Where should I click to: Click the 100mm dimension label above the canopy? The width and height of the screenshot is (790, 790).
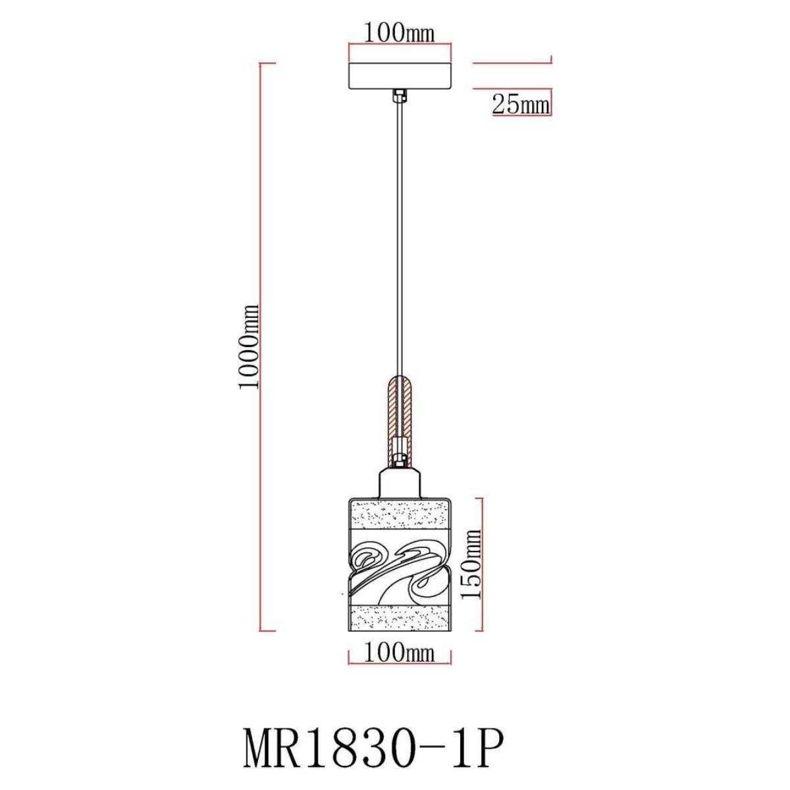click(x=400, y=32)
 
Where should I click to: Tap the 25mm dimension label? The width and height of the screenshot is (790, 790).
click(x=520, y=103)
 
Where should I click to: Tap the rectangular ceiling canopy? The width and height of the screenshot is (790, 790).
click(x=400, y=76)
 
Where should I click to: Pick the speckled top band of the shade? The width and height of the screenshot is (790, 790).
click(x=400, y=515)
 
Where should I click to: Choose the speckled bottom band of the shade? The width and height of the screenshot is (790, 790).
click(x=400, y=618)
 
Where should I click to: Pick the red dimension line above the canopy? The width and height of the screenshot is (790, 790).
click(x=400, y=45)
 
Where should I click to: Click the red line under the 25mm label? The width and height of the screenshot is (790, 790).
click(x=520, y=115)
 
